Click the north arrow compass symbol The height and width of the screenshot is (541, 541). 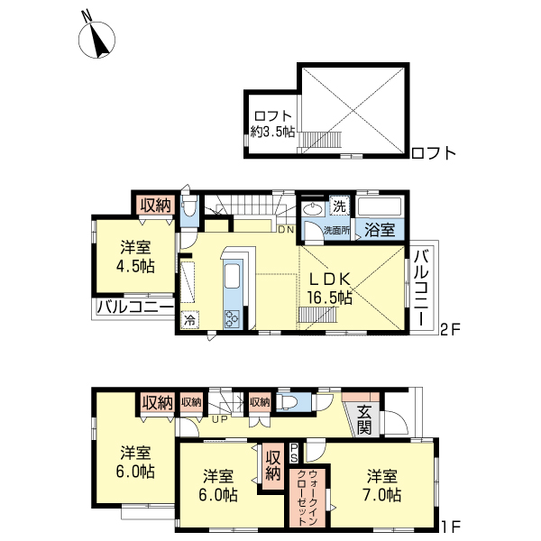[96, 39]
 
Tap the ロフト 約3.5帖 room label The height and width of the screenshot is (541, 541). [272, 124]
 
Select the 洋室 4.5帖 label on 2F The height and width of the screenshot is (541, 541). [135, 257]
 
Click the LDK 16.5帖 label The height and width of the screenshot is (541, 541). [329, 289]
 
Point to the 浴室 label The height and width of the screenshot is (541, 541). [380, 230]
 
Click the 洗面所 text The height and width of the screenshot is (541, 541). [336, 231]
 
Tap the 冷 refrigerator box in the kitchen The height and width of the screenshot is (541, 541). [189, 320]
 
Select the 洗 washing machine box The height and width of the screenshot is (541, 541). [340, 206]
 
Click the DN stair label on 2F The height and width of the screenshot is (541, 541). [286, 229]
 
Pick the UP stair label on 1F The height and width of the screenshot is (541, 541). [220, 420]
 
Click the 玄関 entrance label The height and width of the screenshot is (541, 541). [364, 420]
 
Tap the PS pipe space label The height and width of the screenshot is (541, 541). [294, 453]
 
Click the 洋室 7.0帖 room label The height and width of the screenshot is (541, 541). [382, 486]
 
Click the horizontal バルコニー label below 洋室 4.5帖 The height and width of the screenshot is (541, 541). [135, 307]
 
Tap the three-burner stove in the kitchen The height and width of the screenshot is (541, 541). [232, 319]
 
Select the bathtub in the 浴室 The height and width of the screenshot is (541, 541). [381, 206]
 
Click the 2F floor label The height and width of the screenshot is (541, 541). [451, 330]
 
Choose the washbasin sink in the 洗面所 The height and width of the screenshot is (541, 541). [313, 209]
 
